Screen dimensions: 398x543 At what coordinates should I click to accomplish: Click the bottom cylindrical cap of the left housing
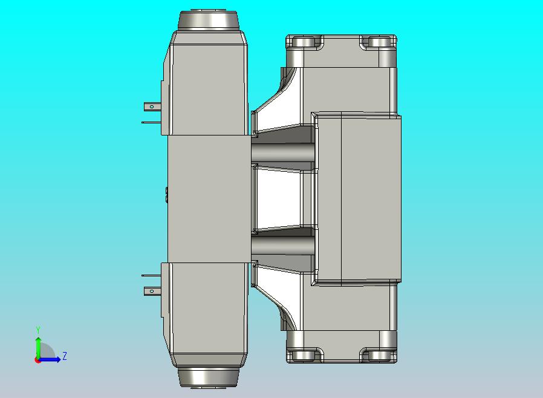[209, 376]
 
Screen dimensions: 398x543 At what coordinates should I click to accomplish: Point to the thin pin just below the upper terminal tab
[151, 122]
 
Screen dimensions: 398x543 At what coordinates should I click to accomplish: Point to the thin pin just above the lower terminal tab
[151, 276]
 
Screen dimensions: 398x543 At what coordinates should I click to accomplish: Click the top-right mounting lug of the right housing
[379, 43]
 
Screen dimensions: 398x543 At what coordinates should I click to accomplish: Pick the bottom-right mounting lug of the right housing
[379, 355]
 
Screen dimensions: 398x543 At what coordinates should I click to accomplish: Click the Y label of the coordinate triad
[38, 330]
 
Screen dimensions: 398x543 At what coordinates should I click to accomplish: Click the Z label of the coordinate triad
[65, 356]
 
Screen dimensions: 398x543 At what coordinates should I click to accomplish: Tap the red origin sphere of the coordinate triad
[37, 360]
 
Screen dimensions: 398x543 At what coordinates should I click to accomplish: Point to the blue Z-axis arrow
[51, 360]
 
